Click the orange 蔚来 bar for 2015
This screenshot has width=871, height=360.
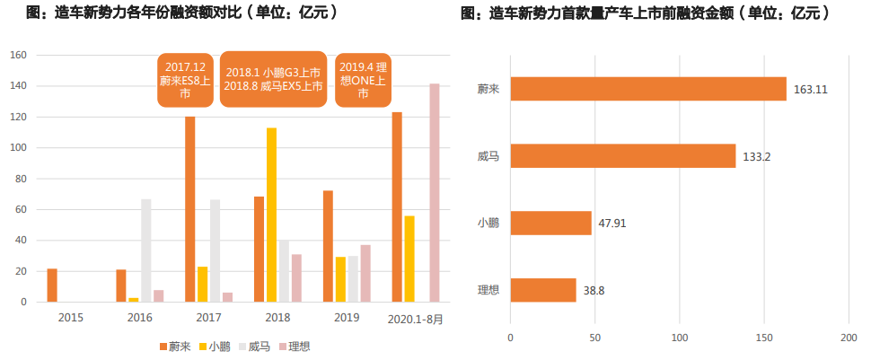(52, 285)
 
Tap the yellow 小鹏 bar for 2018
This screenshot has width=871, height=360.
(271, 215)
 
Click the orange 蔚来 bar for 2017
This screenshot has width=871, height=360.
(190, 209)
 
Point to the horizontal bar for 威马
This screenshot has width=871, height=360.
(622, 156)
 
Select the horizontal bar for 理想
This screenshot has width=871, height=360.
(542, 290)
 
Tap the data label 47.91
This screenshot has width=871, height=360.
(614, 224)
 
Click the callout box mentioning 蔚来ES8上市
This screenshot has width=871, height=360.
(185, 79)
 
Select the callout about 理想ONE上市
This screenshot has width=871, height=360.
(363, 79)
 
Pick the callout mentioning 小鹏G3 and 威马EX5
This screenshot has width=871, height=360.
(274, 79)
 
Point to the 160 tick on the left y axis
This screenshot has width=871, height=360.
(20, 56)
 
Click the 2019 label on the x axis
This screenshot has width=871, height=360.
(347, 318)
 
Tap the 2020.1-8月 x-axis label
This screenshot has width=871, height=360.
(415, 318)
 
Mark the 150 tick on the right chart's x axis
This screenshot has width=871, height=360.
(765, 338)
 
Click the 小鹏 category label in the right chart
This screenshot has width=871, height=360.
(489, 224)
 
